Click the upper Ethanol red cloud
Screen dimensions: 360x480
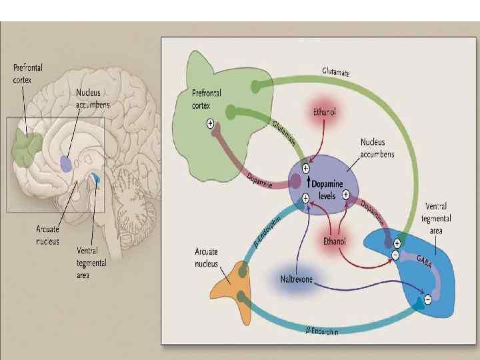tap(324, 113)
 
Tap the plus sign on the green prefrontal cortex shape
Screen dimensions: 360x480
tap(211, 123)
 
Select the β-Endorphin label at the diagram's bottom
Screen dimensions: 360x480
tap(321, 331)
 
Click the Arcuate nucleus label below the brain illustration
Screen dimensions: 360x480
tap(47, 235)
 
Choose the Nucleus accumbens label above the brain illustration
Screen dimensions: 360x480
tap(93, 99)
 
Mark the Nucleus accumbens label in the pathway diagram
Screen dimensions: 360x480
tap(377, 148)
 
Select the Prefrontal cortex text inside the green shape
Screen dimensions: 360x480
tap(207, 99)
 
